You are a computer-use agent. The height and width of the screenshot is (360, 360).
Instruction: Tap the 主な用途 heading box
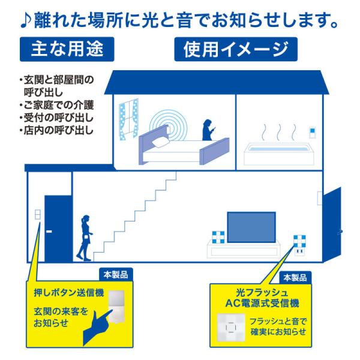click(x=67, y=49)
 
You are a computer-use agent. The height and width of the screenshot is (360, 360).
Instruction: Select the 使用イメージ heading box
click(x=236, y=49)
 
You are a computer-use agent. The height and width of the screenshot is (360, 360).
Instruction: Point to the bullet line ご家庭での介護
click(x=56, y=106)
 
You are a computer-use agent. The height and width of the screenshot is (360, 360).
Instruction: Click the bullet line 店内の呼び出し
click(x=56, y=130)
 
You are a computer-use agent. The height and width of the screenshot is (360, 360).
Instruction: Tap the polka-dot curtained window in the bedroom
click(x=129, y=119)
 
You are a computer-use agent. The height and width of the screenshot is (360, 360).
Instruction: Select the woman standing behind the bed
click(x=208, y=130)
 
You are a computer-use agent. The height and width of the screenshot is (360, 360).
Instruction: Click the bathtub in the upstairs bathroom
click(x=279, y=154)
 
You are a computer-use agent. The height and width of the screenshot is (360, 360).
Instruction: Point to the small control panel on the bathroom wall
click(x=312, y=132)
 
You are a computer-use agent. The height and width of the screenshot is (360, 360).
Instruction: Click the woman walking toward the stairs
click(x=85, y=238)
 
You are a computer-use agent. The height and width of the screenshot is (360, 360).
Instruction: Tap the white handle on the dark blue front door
click(x=49, y=232)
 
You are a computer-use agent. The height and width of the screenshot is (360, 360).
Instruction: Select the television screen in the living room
click(x=251, y=227)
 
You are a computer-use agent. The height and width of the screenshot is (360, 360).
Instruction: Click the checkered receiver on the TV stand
click(x=218, y=237)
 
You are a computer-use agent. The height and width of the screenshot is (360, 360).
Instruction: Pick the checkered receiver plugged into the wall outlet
click(x=299, y=242)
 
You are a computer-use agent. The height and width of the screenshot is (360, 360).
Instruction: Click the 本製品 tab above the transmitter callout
click(x=116, y=275)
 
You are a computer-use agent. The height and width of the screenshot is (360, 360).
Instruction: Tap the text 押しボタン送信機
click(x=68, y=293)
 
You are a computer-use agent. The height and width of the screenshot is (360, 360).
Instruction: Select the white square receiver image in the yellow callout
click(x=231, y=327)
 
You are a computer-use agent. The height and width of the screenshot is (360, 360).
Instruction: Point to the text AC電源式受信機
click(x=262, y=304)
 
